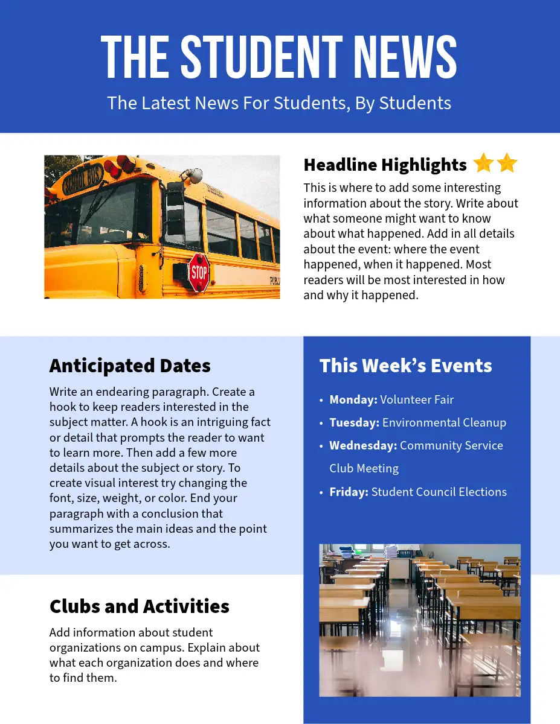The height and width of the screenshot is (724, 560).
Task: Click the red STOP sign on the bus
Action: [199, 273]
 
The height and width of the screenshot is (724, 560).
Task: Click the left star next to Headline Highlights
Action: [483, 164]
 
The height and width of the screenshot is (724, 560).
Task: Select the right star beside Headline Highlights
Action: [507, 164]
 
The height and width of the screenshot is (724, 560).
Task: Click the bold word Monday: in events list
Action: [353, 399]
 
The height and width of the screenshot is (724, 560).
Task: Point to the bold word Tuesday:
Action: [354, 422]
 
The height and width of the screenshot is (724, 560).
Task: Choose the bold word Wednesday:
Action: [363, 445]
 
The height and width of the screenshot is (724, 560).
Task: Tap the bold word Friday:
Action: [349, 492]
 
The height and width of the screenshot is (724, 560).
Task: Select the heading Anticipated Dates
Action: [130, 366]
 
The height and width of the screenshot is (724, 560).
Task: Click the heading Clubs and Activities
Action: [140, 606]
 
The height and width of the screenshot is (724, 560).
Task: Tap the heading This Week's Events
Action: [405, 366]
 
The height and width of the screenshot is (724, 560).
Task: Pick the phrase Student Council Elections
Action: [439, 492]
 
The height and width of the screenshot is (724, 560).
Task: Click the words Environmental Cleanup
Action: [444, 422]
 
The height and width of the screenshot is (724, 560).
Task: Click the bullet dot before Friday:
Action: [321, 492]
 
